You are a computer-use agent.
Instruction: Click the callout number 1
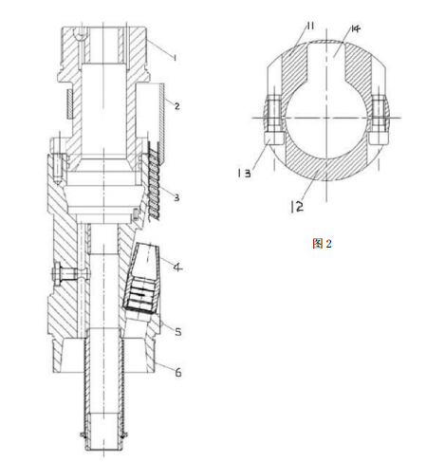174,57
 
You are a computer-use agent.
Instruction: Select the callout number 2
176,105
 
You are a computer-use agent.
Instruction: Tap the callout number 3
176,197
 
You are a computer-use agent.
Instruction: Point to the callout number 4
177,268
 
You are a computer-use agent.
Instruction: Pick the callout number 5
178,331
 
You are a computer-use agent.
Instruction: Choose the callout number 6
178,373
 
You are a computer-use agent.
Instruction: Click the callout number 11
310,26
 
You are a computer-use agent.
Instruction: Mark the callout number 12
297,207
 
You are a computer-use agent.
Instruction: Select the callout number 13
244,173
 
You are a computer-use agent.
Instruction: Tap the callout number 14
355,28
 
